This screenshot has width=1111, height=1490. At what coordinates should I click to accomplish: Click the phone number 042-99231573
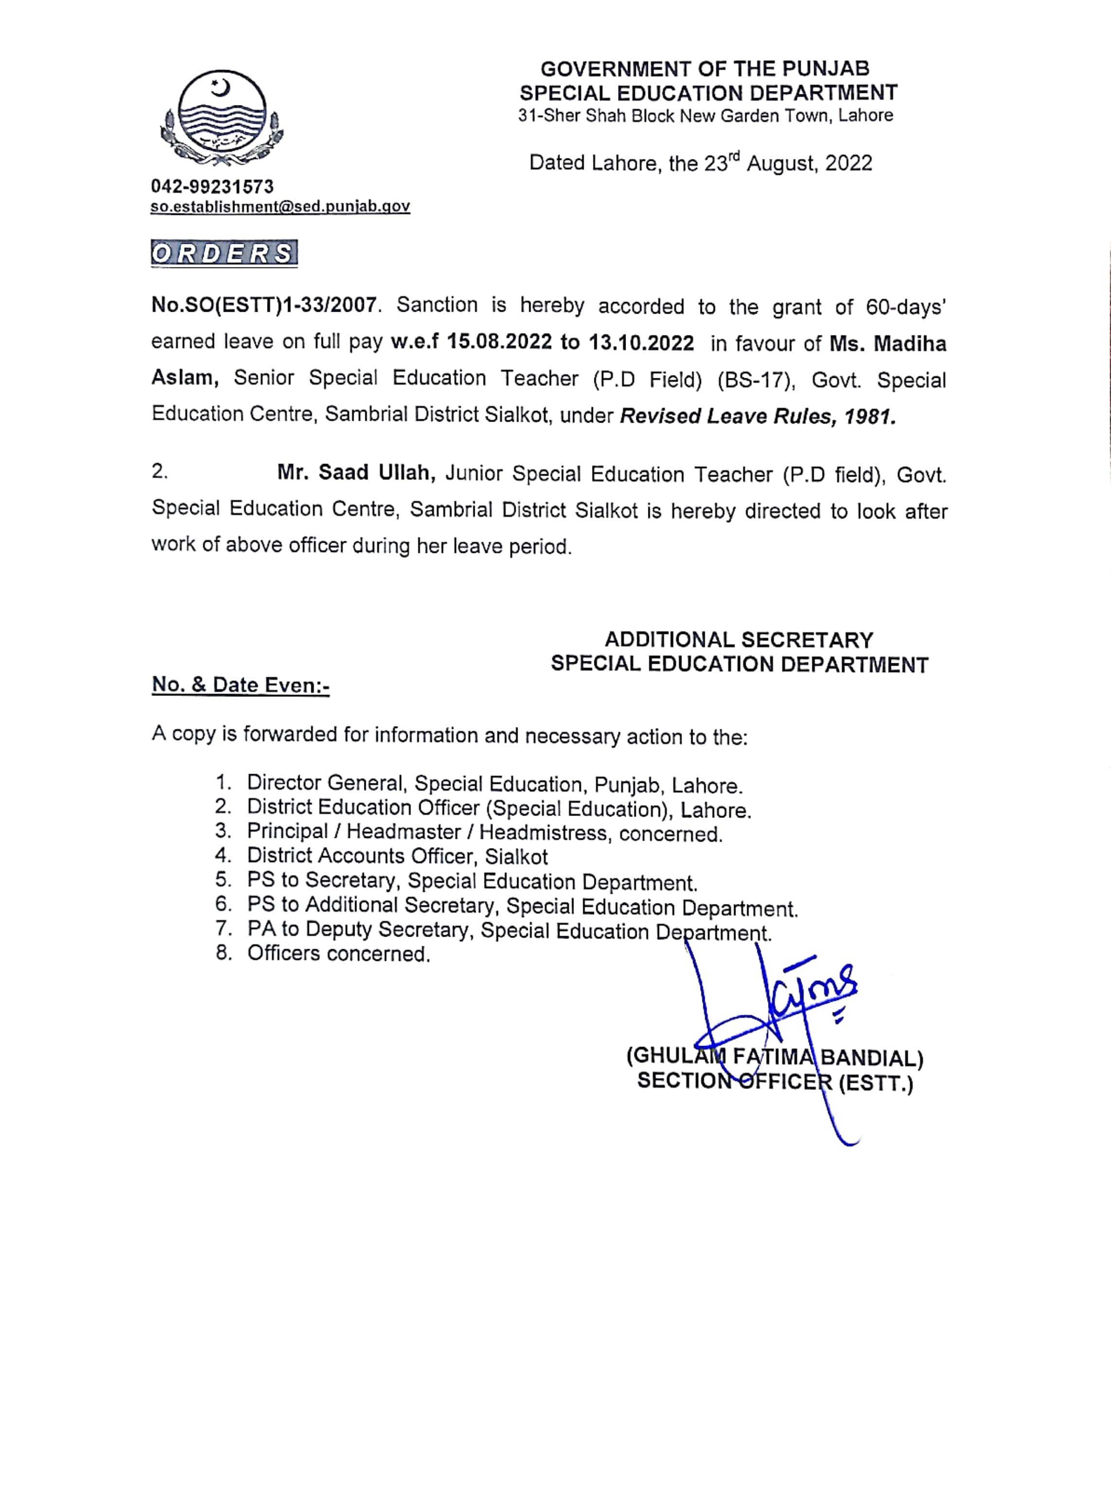pyautogui.click(x=213, y=186)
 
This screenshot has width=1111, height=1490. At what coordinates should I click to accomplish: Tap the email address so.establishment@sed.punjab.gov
pyautogui.click(x=280, y=206)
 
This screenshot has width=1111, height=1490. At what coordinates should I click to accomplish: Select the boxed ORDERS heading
pyautogui.click(x=224, y=253)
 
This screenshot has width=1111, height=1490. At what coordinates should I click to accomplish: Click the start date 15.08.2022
pyautogui.click(x=499, y=342)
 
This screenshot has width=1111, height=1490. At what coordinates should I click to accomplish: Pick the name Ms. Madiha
pyautogui.click(x=888, y=344)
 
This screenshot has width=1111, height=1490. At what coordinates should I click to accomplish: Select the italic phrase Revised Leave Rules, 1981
pyautogui.click(x=758, y=416)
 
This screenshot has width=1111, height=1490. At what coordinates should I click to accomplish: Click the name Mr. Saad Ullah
pyautogui.click(x=357, y=473)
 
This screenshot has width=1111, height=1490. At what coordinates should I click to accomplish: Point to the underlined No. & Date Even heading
pyautogui.click(x=241, y=685)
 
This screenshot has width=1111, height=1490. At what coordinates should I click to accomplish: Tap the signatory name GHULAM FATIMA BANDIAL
pyautogui.click(x=775, y=1058)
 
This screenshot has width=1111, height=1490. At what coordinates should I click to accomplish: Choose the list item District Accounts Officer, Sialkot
pyautogui.click(x=397, y=856)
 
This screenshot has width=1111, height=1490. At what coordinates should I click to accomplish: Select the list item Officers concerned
pyautogui.click(x=338, y=954)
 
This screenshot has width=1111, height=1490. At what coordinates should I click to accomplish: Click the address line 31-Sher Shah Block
pyautogui.click(x=705, y=116)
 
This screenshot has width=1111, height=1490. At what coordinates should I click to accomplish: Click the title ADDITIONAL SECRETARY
pyautogui.click(x=738, y=639)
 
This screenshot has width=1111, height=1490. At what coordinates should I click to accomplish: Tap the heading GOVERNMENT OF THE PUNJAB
pyautogui.click(x=705, y=69)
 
